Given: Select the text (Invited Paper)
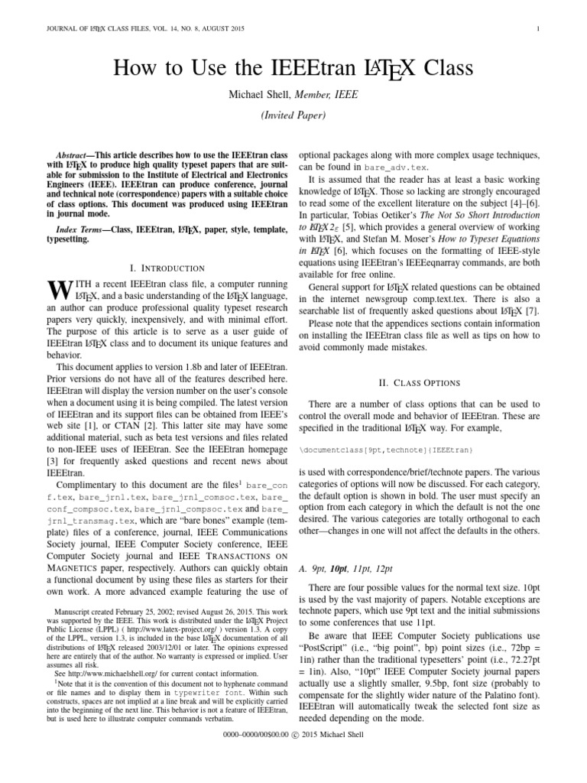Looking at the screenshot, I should click(293, 115).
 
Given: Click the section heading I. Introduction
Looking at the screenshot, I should click(167, 268).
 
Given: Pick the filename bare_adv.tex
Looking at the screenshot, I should click(398, 166).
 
